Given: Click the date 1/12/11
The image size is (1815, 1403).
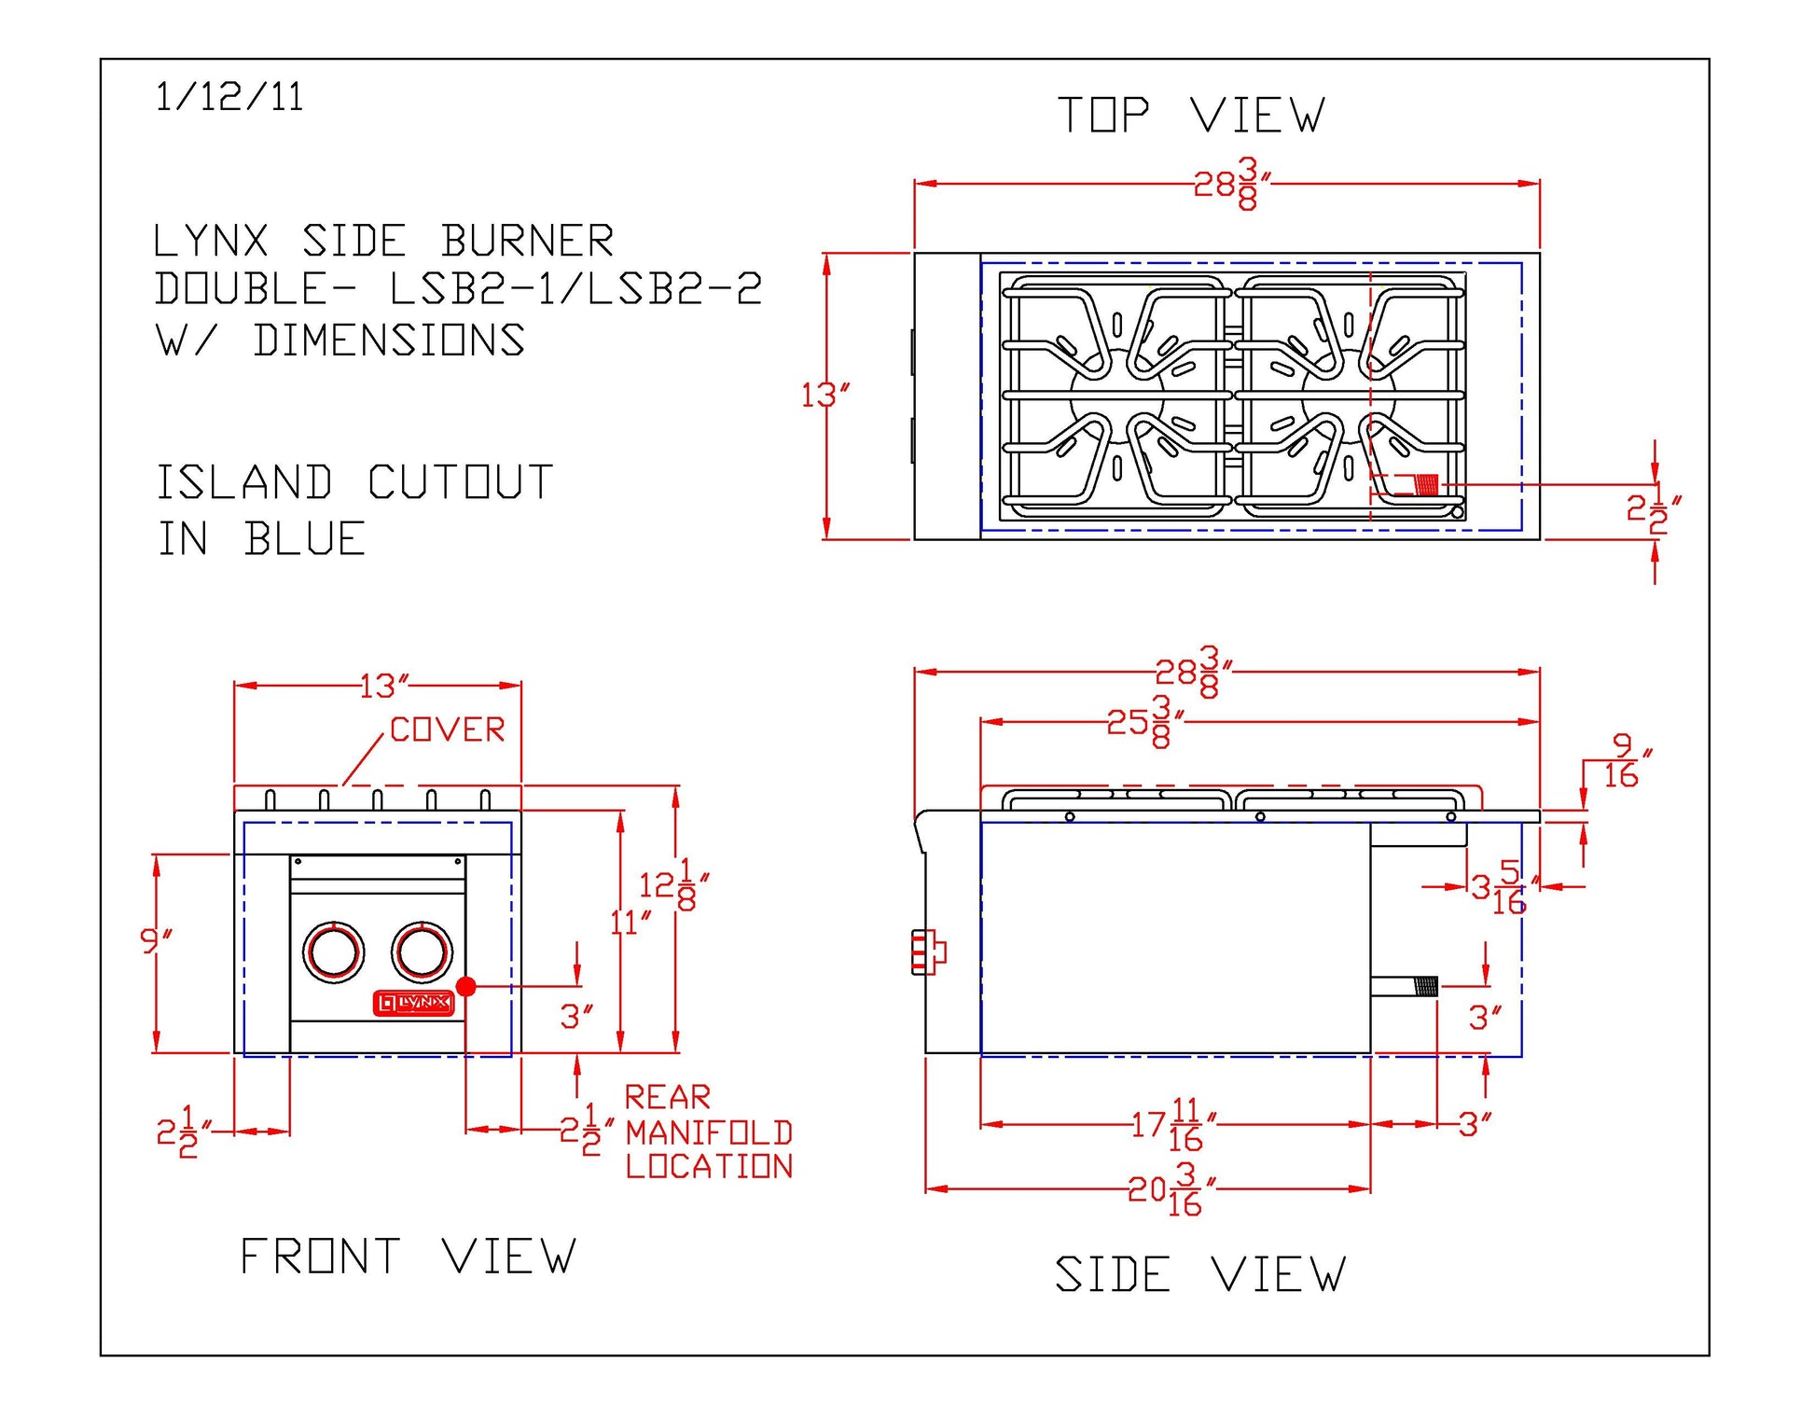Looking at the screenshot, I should point(229,97).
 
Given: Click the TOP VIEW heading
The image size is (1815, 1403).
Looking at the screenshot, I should point(1191,116).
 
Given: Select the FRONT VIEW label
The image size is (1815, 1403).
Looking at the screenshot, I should point(409,1256).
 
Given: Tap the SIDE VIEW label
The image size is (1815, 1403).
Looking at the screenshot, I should point(1200,1274).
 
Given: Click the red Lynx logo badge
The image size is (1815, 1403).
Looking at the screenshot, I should point(413,1003).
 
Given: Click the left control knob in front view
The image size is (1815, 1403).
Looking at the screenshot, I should point(333,952).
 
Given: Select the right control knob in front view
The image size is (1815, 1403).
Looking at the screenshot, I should point(422,952).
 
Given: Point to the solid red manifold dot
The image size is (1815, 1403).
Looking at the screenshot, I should point(466,986).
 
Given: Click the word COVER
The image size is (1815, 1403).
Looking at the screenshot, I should point(447,729).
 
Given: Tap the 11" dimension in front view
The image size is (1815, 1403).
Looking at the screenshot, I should point(630,923).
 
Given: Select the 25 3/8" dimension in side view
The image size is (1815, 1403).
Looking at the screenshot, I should point(1145,721).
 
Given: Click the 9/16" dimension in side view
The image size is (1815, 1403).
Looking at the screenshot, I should point(1626,761).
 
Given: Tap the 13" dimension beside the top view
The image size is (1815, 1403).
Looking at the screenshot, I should point(825,396).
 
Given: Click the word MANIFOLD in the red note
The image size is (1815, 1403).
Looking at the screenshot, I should point(709,1132).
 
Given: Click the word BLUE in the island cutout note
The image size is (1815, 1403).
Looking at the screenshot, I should point(305,539).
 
